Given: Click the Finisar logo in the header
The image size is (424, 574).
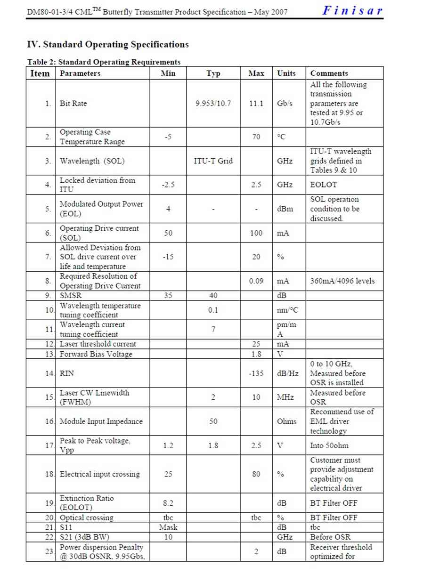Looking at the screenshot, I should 352,10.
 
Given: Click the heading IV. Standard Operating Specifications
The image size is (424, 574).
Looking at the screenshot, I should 108,45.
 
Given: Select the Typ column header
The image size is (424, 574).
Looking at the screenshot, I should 213,73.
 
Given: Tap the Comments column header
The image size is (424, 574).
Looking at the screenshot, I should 329,73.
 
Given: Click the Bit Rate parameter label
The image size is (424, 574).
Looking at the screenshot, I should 73,104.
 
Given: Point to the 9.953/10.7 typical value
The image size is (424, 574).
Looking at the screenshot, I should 213,104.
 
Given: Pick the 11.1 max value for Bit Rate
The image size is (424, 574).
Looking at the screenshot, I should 256,104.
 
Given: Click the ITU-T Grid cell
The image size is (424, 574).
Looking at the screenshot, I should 213,161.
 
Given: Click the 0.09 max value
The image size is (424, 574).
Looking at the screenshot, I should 256,281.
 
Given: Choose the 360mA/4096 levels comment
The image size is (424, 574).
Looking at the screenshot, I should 342,281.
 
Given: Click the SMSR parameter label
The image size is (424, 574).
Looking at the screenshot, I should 70,296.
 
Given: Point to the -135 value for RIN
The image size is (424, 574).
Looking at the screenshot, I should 256,373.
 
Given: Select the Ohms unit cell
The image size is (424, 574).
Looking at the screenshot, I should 286,421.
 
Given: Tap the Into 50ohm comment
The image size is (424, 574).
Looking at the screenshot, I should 329,445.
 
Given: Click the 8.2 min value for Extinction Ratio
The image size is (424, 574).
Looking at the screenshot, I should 168,503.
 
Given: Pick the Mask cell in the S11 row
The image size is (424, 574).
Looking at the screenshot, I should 168,527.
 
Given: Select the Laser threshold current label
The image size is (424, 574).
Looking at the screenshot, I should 98,344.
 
